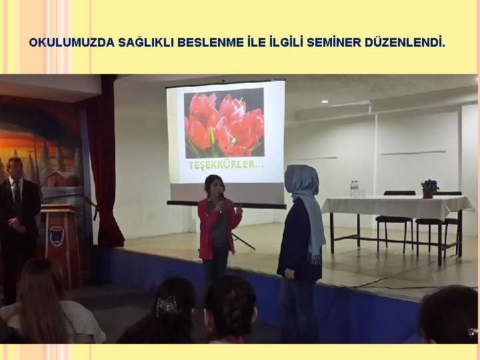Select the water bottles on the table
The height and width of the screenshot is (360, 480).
(354, 189)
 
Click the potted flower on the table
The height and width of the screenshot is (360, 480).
(429, 188)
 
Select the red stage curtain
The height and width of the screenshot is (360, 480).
(103, 167)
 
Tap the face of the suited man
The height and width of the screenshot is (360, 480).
(15, 171)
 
